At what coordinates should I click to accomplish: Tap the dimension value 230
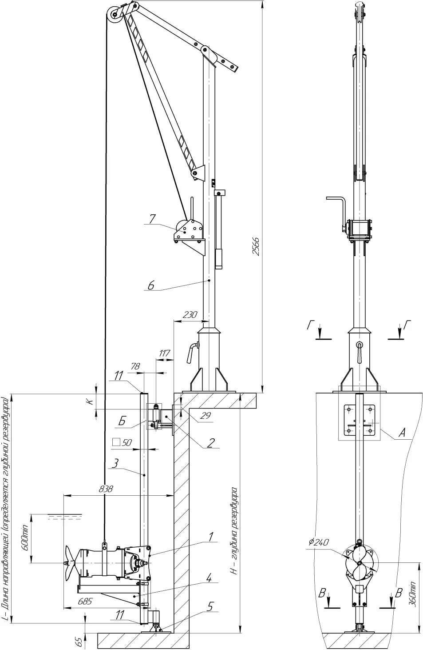(x=190, y=315)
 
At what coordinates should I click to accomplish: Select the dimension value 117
(x=164, y=353)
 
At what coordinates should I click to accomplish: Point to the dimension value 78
(x=135, y=366)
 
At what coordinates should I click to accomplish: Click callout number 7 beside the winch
(x=152, y=219)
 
